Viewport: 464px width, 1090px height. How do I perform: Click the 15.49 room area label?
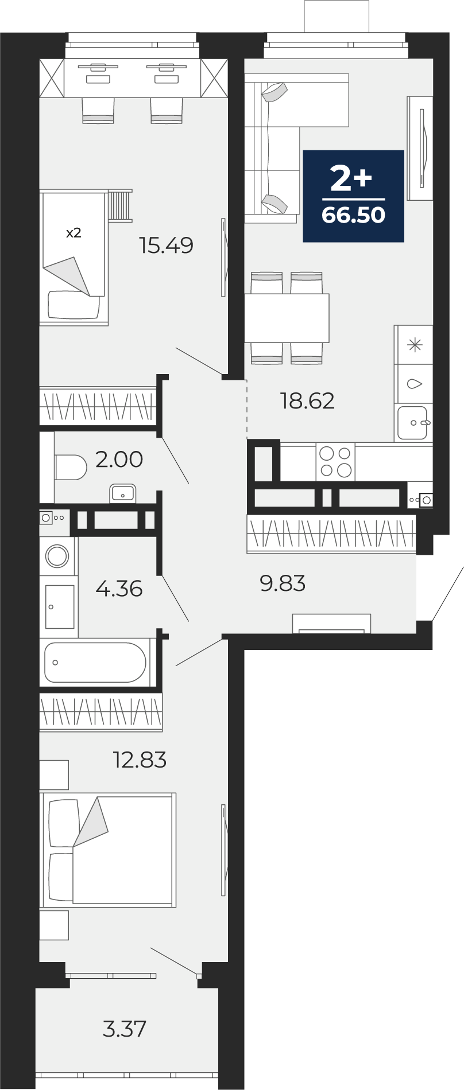(166, 246)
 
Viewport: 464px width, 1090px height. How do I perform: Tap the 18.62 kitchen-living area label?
(307, 400)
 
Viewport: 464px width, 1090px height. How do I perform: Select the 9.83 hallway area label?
(283, 583)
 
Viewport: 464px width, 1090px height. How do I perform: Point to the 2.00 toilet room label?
(119, 460)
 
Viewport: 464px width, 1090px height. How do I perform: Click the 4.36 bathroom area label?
(119, 589)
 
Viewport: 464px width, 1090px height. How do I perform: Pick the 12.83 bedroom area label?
(140, 760)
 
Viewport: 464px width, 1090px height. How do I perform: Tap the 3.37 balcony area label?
(125, 1029)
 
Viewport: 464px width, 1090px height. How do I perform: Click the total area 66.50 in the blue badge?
(353, 215)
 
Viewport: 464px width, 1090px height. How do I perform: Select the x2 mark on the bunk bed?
(74, 233)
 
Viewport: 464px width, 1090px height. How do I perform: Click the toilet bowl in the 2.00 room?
(70, 467)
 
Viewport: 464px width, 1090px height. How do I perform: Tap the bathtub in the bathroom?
(95, 663)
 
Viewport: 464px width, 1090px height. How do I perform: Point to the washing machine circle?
(57, 555)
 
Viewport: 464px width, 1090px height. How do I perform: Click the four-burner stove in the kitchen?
(335, 461)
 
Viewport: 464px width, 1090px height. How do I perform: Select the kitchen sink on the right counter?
(413, 422)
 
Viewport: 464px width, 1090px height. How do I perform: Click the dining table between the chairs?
(287, 318)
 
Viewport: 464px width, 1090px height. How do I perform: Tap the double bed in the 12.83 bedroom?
(107, 850)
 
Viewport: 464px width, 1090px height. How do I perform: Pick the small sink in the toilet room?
(122, 493)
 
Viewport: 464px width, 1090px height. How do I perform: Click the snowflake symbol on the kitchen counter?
(414, 345)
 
